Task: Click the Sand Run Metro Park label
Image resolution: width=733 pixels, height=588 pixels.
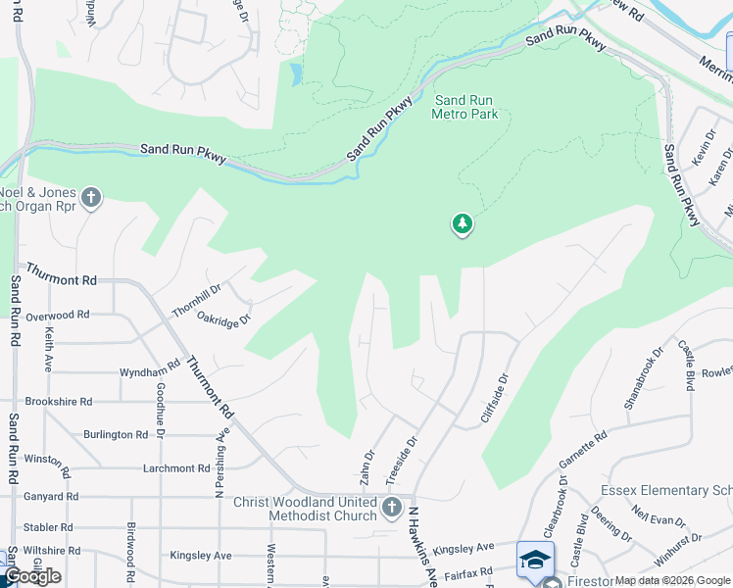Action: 464,107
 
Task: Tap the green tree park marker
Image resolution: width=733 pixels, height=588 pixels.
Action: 463,225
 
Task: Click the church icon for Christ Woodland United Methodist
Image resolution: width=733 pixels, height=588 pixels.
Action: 392,508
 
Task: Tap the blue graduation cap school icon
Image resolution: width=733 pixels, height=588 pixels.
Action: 535,559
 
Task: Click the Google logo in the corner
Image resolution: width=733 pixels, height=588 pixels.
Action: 32,576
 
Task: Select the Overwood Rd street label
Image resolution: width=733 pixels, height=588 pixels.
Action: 58,316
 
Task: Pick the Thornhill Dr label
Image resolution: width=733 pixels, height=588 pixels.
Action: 197,297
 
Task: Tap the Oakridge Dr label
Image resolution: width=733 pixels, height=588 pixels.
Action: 224,318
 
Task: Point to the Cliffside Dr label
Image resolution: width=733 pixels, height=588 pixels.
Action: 496,397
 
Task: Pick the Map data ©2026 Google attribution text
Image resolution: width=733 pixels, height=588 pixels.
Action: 672,580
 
